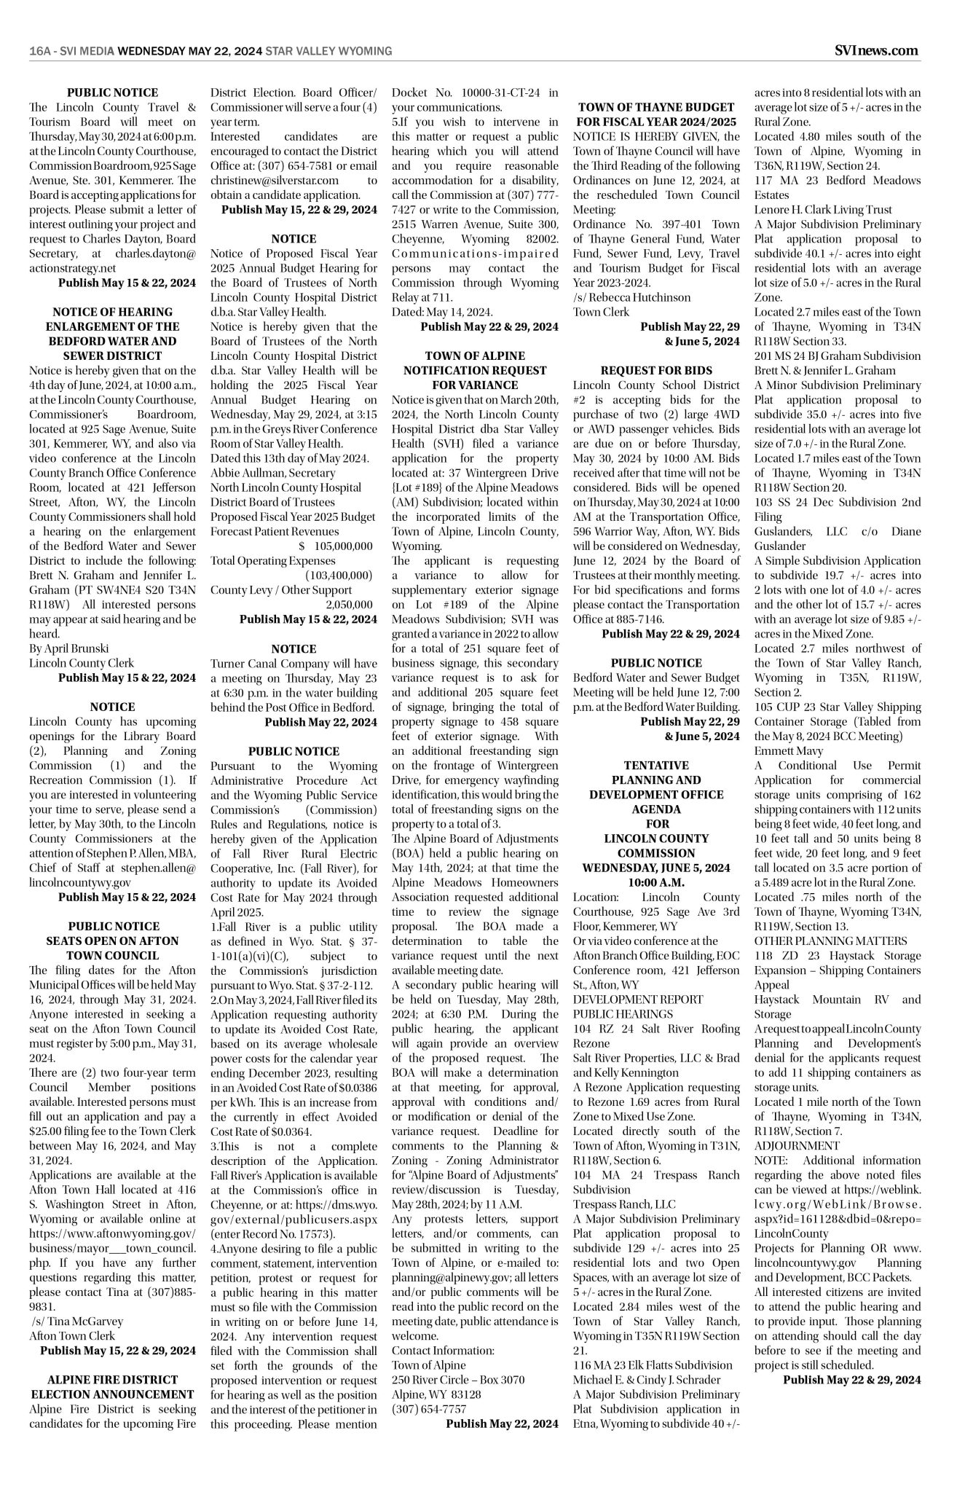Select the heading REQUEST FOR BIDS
point(656,370)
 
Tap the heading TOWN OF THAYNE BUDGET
point(656,107)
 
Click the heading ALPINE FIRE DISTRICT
point(112,1380)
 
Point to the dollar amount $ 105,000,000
point(335,546)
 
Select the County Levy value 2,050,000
point(349,604)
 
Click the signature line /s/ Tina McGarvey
point(77,1321)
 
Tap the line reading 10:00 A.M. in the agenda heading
point(656,882)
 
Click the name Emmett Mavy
point(779,750)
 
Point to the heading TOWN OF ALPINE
point(475,356)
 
